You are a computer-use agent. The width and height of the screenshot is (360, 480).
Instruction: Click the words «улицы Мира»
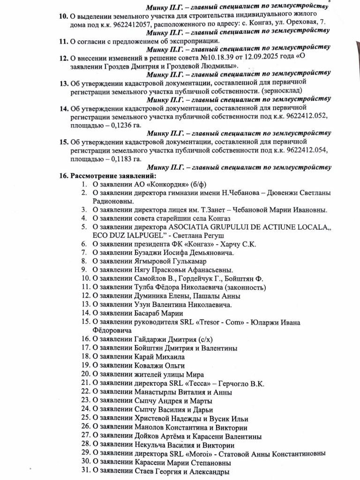click(x=180, y=374)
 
